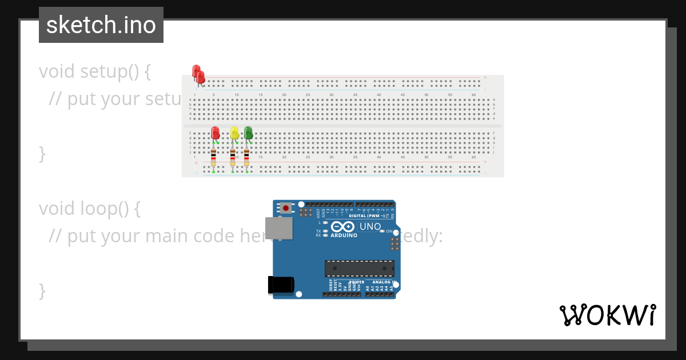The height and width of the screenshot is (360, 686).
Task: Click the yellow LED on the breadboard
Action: point(234,133)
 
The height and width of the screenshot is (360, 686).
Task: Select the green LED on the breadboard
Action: point(248,133)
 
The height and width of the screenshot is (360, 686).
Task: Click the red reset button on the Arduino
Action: point(286,208)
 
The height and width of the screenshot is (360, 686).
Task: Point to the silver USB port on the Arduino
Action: point(279,228)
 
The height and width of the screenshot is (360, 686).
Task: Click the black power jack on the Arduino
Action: point(281,285)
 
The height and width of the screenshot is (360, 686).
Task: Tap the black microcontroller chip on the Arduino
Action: point(360,269)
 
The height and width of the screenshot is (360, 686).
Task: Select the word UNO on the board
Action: point(370,226)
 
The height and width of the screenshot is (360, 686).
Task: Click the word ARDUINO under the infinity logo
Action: point(344,235)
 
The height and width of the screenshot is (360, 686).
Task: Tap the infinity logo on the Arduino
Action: point(344,226)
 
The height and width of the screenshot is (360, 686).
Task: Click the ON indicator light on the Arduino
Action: point(382,231)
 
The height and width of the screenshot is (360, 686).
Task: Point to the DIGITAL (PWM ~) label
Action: point(366,216)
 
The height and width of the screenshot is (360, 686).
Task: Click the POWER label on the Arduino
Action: point(357,282)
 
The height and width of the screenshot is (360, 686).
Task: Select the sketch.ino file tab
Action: point(101,25)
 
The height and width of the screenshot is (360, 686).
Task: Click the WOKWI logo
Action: point(608,315)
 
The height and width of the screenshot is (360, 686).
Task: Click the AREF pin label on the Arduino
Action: point(318,213)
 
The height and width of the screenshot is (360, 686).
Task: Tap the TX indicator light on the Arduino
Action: point(325,231)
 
